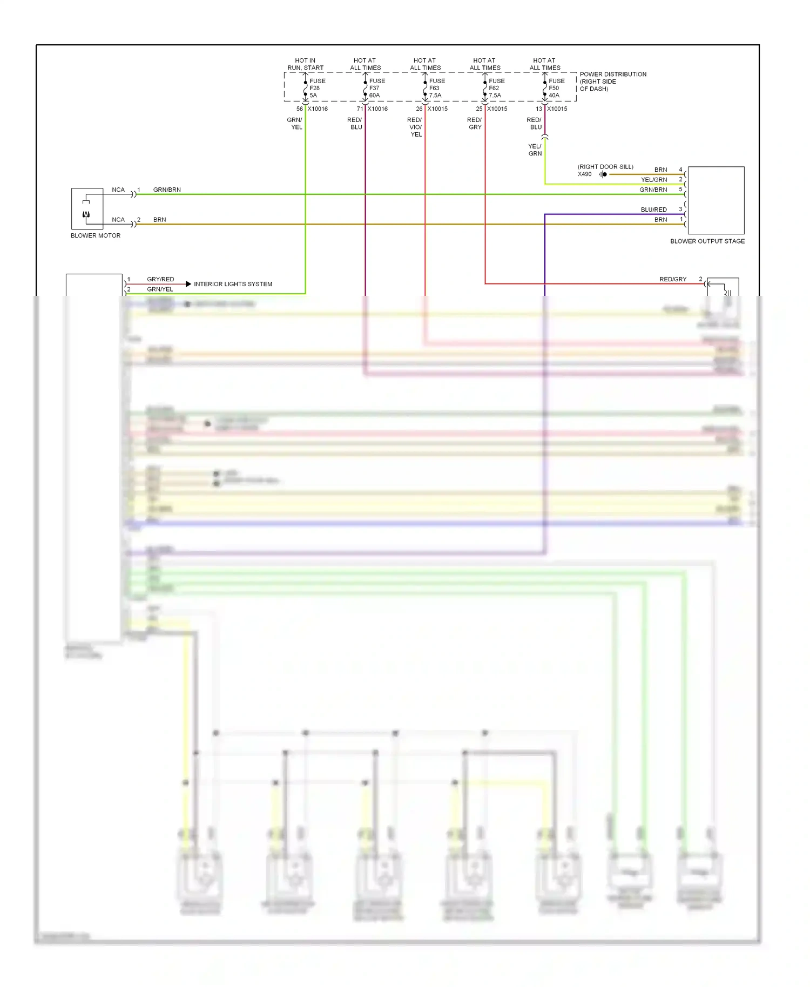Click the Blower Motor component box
click(x=87, y=208)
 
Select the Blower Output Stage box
click(x=715, y=200)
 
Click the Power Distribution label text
click(x=612, y=82)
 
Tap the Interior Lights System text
click(x=233, y=284)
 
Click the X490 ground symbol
click(x=603, y=174)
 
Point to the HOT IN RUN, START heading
click(x=305, y=64)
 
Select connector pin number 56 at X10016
click(x=299, y=109)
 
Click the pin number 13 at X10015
click(x=538, y=109)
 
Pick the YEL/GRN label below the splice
click(x=535, y=150)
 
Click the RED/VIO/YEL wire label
click(x=415, y=127)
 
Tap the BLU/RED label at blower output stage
click(x=653, y=209)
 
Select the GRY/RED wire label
click(x=160, y=279)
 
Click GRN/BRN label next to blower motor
click(x=167, y=190)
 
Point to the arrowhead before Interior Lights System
click(x=188, y=284)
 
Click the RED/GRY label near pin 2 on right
click(x=672, y=279)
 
